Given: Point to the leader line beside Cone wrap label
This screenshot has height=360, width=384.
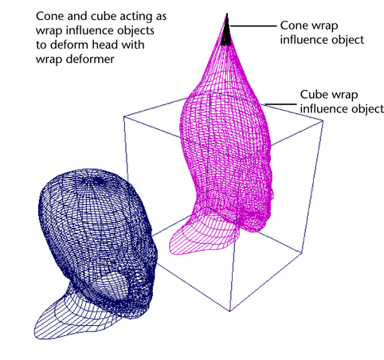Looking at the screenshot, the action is pos(253,26).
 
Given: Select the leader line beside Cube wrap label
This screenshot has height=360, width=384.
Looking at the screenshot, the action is pos(280,104).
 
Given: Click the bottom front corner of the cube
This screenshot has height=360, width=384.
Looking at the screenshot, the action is pos(229,311).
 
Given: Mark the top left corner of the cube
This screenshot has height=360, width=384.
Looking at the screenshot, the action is pos(124,117).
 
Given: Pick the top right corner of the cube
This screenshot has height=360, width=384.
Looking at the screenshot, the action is pos(323,121).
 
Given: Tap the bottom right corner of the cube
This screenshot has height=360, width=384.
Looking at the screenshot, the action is pos(302,253).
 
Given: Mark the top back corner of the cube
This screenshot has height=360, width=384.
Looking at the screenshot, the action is pos(210,92).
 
